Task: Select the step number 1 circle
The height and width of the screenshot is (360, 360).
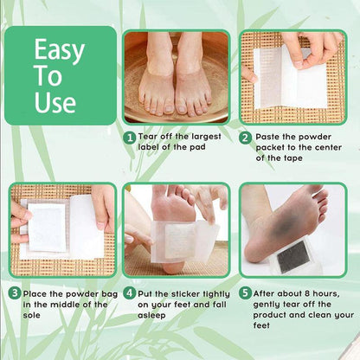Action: [x=129, y=138]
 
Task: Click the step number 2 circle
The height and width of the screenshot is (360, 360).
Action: [x=246, y=138]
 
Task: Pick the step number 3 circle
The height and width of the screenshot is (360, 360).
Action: [x=15, y=293]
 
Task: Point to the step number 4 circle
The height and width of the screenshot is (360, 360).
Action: [x=129, y=293]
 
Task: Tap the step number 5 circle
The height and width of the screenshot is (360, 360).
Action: [x=246, y=293]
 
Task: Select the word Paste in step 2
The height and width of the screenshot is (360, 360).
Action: [x=271, y=138]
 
